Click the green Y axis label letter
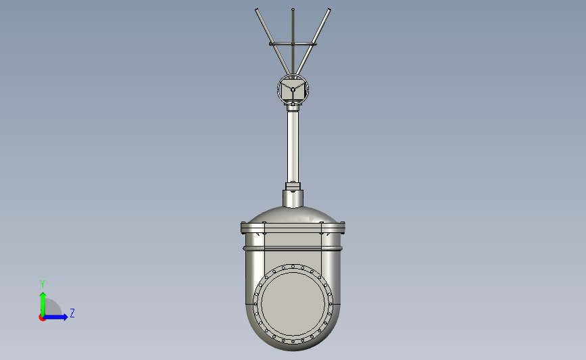pos(42,284)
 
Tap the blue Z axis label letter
pos(72,313)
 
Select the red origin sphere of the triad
pos(42,318)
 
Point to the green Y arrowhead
pos(43,295)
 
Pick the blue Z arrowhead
pos(65,317)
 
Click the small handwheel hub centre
pos(293,90)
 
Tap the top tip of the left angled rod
pos(257,9)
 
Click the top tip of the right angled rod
pos(329,9)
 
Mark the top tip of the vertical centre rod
pos(293,9)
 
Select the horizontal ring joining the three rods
pos(293,44)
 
